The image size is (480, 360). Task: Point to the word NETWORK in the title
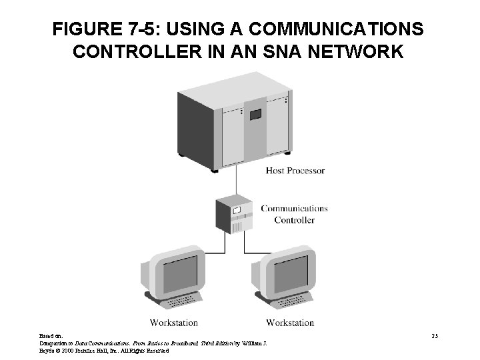tap(355, 51)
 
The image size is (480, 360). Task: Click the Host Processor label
tap(295, 171)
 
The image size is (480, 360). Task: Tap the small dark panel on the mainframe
tap(254, 115)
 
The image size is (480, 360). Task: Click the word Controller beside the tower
tap(294, 220)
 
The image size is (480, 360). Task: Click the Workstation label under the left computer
tap(174, 323)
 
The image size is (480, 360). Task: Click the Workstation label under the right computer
tap(290, 323)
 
